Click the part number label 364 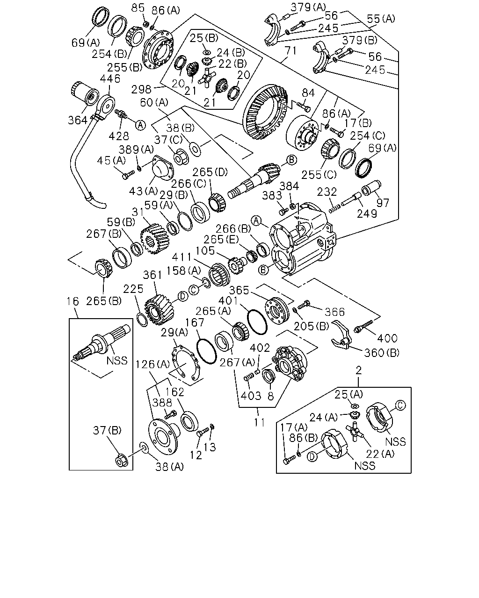click(78, 121)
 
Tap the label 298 click(141, 90)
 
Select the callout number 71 click(290, 51)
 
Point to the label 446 click(110, 78)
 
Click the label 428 click(119, 136)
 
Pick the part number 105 click(205, 251)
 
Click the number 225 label click(133, 289)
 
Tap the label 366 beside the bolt click(335, 312)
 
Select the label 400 click(387, 338)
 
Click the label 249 click(367, 214)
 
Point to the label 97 click(383, 203)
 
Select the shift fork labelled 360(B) click(341, 335)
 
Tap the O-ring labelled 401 click(257, 322)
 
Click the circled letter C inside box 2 click(400, 406)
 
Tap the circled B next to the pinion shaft click(292, 160)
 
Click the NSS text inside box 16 click(117, 360)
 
